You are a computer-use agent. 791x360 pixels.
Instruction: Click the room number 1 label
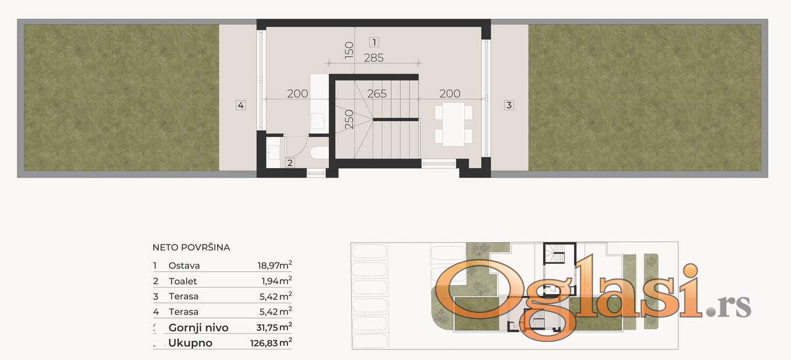[374, 43]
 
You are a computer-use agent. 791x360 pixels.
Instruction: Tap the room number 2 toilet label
[290, 163]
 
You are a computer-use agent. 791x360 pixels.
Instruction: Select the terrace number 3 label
[509, 105]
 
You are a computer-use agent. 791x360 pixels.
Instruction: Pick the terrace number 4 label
[240, 105]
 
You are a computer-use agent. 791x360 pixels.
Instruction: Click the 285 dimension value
[373, 58]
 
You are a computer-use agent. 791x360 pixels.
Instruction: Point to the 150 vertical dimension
[348, 50]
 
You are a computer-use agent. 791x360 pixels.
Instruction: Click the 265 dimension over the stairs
[377, 93]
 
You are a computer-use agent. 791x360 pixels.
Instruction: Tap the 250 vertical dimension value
[348, 119]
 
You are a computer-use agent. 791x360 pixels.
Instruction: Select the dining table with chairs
[453, 124]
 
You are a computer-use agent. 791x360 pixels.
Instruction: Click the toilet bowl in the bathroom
[320, 153]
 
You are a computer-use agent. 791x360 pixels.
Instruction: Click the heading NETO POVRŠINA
[191, 247]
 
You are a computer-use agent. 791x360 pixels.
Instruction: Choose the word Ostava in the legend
[184, 265]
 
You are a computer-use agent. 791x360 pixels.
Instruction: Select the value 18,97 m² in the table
[274, 265]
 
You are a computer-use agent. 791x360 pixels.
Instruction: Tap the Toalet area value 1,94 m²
[276, 281]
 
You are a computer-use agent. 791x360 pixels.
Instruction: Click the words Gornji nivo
[198, 328]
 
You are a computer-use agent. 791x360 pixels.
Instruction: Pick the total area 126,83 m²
[271, 342]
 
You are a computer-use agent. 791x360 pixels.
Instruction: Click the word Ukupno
[190, 343]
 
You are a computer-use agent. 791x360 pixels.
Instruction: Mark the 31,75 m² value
[274, 327]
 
